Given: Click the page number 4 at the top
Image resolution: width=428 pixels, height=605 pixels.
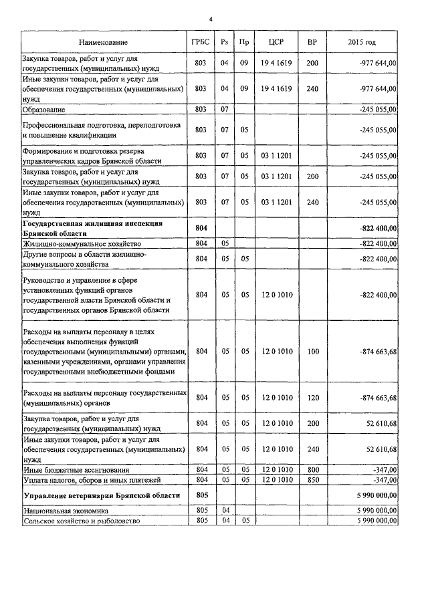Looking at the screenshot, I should click(x=211, y=19).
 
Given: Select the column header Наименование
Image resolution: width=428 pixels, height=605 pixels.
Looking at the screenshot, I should click(x=103, y=43).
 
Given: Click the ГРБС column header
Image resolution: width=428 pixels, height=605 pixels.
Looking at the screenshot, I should click(x=200, y=43).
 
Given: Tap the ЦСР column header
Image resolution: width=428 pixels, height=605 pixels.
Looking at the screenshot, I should click(x=276, y=43).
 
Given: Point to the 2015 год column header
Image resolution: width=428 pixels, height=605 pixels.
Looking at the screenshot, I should click(x=362, y=43).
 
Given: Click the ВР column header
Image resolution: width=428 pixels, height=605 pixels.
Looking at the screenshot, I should click(x=312, y=43).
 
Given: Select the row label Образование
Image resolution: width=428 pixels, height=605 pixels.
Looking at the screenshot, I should click(x=43, y=109).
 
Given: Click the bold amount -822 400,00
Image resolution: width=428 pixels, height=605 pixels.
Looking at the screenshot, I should click(x=378, y=228).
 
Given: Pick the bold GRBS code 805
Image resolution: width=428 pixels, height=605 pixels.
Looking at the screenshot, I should click(x=200, y=495).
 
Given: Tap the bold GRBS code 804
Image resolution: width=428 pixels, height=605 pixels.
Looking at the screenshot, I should click(x=200, y=228).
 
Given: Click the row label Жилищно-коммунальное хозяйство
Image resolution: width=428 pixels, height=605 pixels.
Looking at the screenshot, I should click(x=74, y=244).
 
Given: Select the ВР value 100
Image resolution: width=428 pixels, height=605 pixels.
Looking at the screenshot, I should click(x=312, y=350).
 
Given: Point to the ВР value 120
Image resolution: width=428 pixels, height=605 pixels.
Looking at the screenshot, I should click(x=312, y=398).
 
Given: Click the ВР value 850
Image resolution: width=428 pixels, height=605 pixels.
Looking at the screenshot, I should click(x=312, y=479).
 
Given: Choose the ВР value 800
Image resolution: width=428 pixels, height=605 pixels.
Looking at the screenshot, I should click(x=312, y=471).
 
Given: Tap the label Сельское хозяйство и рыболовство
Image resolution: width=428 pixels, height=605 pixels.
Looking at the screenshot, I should click(x=82, y=520).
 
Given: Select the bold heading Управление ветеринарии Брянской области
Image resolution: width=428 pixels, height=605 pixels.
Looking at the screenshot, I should click(x=101, y=495).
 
